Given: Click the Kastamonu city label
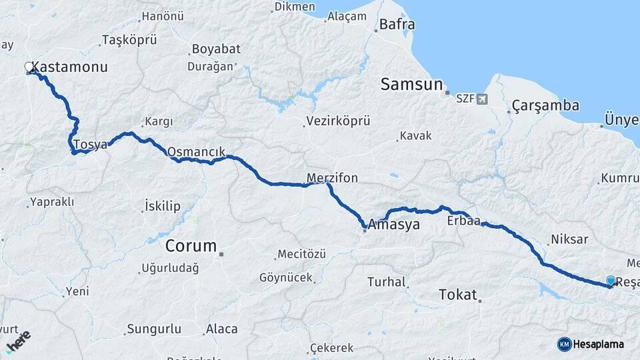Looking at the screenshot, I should click(x=70, y=67).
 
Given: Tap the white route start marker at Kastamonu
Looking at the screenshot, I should click(x=29, y=67).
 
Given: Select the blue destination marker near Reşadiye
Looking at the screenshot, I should click(x=611, y=281).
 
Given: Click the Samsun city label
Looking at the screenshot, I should click(x=411, y=85).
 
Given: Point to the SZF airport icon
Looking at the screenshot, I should click(x=482, y=99).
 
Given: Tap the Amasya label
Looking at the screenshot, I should click(x=394, y=225).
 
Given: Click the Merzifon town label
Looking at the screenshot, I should click(x=332, y=178).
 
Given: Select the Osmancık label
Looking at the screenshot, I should click(x=196, y=151).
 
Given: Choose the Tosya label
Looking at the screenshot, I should click(x=90, y=145).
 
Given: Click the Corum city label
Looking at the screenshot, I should click(x=191, y=246).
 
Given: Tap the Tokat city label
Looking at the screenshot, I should click(x=458, y=294).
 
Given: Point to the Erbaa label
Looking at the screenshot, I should click(x=464, y=221).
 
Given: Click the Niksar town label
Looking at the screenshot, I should click(x=569, y=239).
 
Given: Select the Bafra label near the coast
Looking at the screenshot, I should click(x=397, y=25).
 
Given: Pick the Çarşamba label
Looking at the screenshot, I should click(x=545, y=106).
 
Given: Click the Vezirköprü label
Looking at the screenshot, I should click(x=337, y=121).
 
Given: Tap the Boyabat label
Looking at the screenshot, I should click(x=215, y=49).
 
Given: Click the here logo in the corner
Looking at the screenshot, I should click(x=18, y=341).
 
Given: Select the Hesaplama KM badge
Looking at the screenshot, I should click(x=591, y=344).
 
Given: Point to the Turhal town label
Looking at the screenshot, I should click(x=387, y=282).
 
